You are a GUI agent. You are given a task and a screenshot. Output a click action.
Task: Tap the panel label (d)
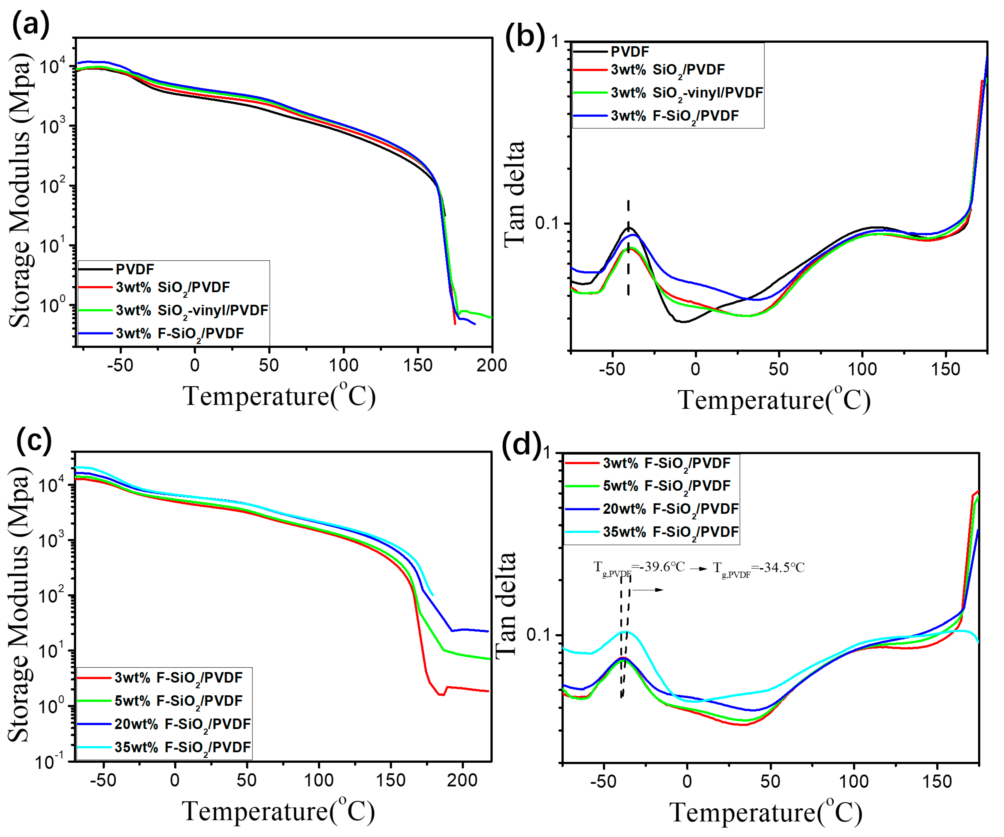click(522, 444)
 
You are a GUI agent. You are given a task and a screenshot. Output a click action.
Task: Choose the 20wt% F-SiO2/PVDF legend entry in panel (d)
click(670, 509)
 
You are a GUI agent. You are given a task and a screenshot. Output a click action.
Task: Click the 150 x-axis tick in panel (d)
click(937, 782)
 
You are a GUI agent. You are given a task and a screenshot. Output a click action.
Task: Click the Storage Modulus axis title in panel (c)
click(20, 605)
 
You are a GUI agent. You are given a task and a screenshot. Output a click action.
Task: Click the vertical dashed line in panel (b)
click(628, 249)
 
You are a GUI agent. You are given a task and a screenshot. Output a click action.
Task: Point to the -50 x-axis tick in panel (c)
click(103, 780)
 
